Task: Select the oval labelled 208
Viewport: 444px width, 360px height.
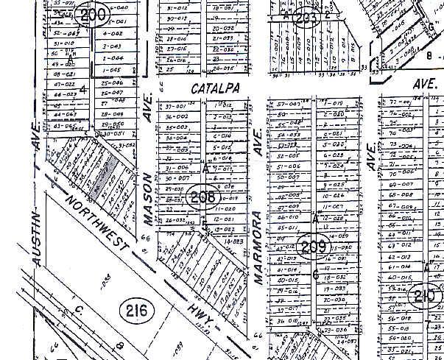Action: coord(202,197)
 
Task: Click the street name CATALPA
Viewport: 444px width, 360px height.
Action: coord(207,88)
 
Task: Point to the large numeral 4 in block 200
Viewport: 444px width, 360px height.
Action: coord(84,90)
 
